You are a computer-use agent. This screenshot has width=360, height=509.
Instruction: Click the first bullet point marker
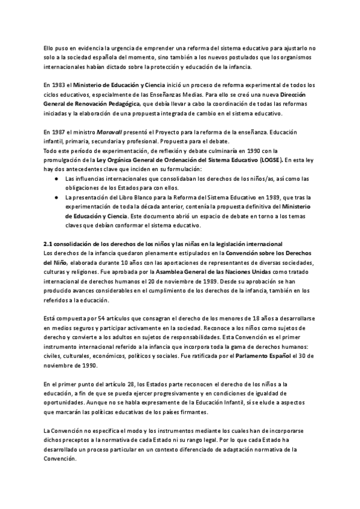pos(56,179)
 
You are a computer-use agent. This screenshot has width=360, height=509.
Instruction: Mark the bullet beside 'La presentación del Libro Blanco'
pos(56,196)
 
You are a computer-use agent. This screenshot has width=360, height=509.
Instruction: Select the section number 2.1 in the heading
pos(49,243)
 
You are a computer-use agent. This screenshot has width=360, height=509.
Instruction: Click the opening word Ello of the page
pos(50,48)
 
